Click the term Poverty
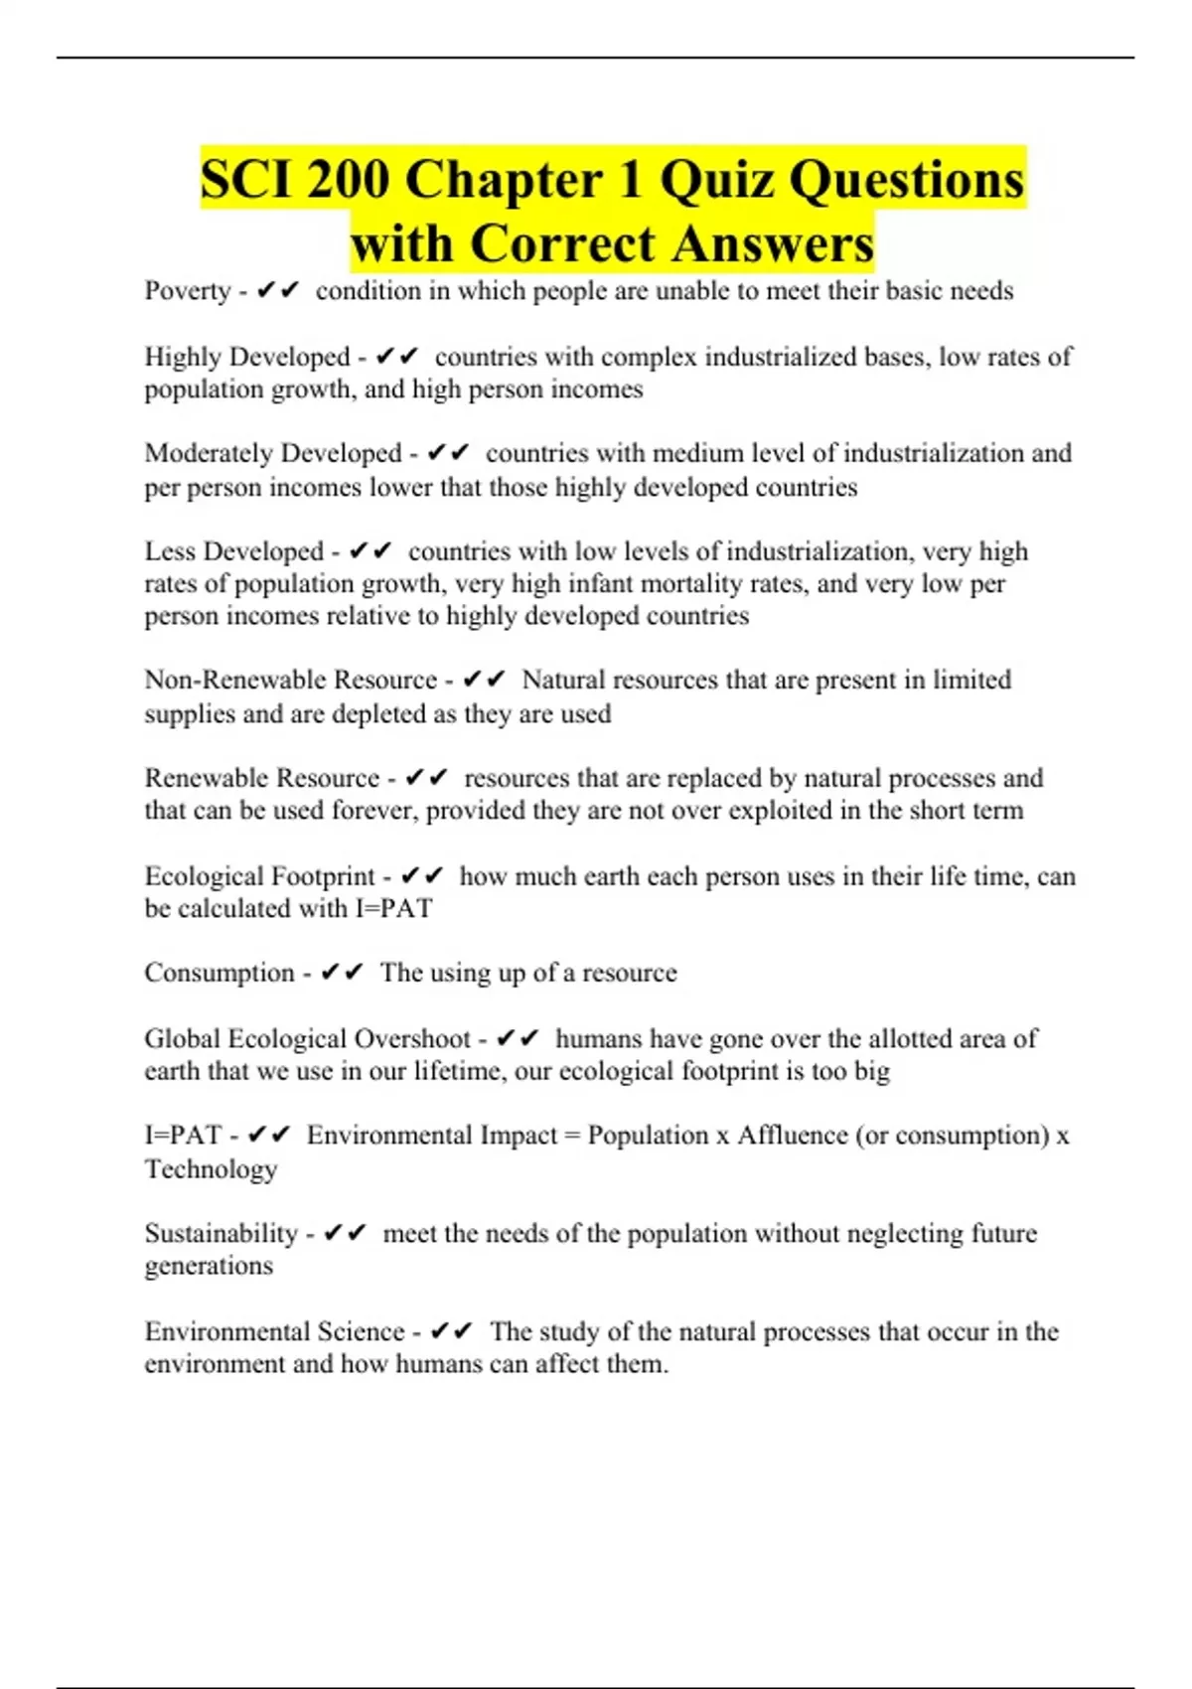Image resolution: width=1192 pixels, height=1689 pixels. [x=188, y=291]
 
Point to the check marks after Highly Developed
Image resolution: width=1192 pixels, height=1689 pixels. [x=397, y=357]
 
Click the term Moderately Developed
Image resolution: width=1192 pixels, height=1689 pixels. [x=273, y=453]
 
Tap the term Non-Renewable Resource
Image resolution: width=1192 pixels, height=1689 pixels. [x=290, y=680]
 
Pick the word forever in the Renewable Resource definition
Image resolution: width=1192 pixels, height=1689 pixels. [x=373, y=811]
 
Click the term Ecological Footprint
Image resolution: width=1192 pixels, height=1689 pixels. [x=260, y=876]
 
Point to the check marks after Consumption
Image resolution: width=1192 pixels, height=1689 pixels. [x=343, y=973]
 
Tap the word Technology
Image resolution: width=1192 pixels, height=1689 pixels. [x=211, y=1169]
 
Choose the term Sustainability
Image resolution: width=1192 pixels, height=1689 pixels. [x=221, y=1234]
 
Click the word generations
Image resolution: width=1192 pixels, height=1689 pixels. [x=209, y=1266]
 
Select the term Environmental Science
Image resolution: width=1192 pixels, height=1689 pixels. [x=275, y=1331]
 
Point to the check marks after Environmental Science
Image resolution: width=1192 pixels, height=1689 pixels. [x=452, y=1331]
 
